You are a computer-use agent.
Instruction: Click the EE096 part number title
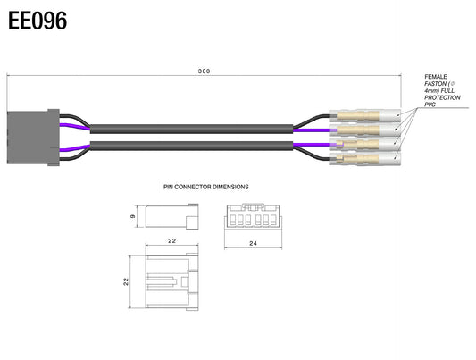38,21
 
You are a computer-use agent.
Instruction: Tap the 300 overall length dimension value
204,71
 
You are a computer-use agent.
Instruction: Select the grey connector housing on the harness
33,138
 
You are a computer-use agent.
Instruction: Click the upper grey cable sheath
191,129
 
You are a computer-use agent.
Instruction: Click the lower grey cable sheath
191,146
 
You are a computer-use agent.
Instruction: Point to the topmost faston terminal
365,115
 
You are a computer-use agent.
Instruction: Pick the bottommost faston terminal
365,158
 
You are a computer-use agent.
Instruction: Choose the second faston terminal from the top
365,130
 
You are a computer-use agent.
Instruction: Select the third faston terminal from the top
365,144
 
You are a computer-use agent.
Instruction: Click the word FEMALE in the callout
436,77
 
